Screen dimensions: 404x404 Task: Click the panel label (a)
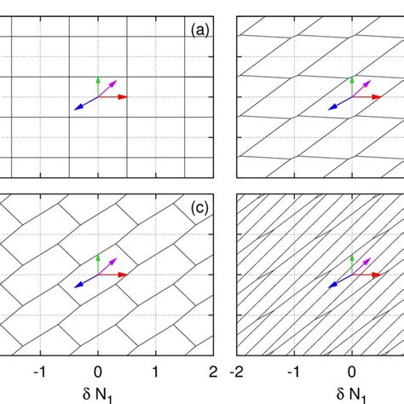coord(201,31)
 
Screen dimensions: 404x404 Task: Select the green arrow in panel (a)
coord(98,85)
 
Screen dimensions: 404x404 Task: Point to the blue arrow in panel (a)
coord(84,104)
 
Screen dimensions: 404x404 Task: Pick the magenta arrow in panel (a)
coord(108,87)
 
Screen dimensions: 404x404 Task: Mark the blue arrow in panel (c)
coord(84,281)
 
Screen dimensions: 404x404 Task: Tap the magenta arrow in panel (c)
coord(108,264)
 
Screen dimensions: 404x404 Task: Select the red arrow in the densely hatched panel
coord(367,274)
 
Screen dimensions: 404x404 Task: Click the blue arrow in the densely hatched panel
coord(337,281)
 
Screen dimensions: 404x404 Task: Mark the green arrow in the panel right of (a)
coord(351,85)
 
